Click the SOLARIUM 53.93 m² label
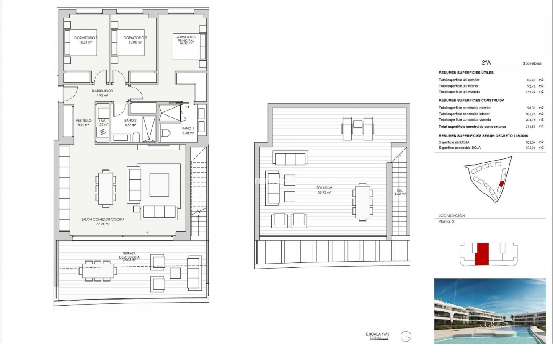324,190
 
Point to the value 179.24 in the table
532,91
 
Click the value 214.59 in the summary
532,126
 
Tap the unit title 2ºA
486,62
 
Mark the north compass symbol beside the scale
406,336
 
